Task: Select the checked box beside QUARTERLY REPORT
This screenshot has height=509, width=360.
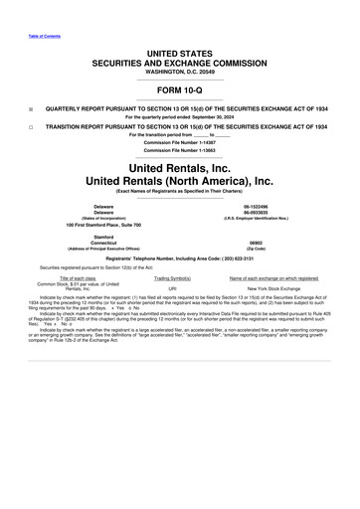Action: [x=32, y=109]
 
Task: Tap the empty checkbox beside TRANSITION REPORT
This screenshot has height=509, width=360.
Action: [x=32, y=127]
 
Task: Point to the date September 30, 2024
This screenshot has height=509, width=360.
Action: [x=205, y=117]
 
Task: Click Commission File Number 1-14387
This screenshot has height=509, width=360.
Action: [x=179, y=142]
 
